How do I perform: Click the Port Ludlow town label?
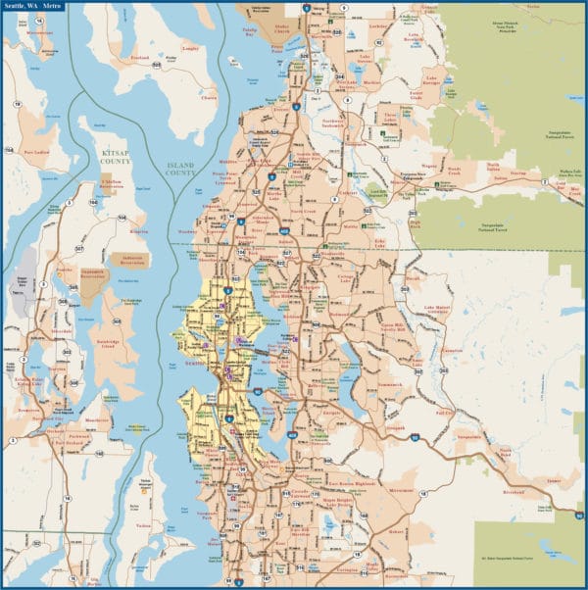click(36, 152)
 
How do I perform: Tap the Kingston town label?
click(138, 231)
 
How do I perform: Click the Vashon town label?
click(144, 526)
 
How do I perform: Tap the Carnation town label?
click(452, 351)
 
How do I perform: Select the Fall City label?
click(443, 413)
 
